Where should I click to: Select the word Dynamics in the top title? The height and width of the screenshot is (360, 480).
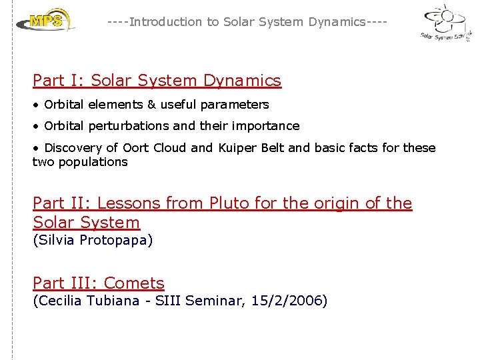[337, 22]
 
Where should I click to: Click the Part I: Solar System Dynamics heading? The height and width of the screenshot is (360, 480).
[157, 81]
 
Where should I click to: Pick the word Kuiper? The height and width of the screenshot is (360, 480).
[237, 148]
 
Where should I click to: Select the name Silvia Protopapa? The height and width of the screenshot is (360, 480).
[93, 241]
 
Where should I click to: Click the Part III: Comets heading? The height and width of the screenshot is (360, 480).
[98, 283]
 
